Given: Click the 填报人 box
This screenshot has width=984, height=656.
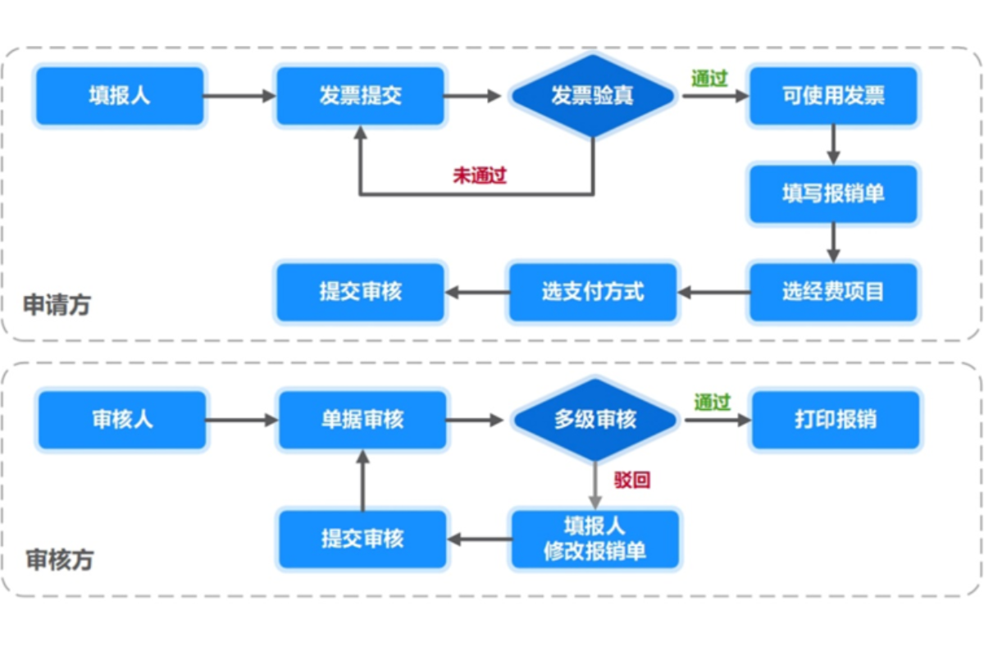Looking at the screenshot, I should click(120, 96).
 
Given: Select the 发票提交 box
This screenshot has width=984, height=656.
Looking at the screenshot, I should click(360, 96).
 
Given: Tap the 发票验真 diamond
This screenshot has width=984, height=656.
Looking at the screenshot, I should click(592, 96).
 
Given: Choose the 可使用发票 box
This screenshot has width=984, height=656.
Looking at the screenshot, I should click(833, 96).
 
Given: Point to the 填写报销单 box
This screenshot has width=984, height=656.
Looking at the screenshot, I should click(833, 194).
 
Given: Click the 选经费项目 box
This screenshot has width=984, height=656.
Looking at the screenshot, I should click(833, 292).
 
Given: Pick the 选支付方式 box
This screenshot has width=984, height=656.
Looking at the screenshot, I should click(593, 292).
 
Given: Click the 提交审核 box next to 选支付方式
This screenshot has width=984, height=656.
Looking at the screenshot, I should click(361, 292).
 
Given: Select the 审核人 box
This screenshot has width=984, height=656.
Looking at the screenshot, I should click(122, 420).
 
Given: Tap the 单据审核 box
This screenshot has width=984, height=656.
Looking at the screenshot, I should click(362, 420).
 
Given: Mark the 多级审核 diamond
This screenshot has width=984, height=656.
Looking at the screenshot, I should click(595, 420).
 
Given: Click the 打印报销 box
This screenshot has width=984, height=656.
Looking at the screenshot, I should click(836, 420).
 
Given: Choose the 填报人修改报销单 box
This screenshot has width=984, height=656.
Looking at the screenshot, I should click(595, 539).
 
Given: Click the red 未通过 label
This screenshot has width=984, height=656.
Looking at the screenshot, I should click(480, 175).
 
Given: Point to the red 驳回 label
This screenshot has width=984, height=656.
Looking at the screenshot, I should click(632, 480).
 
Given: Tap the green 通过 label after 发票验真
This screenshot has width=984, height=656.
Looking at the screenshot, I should click(709, 79).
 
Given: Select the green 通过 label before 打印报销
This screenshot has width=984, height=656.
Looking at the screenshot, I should click(712, 403).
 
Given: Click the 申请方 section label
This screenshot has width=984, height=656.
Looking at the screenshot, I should click(57, 306).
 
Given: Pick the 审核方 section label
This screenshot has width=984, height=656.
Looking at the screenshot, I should click(59, 561).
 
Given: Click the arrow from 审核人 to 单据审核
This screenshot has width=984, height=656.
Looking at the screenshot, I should click(242, 420).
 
